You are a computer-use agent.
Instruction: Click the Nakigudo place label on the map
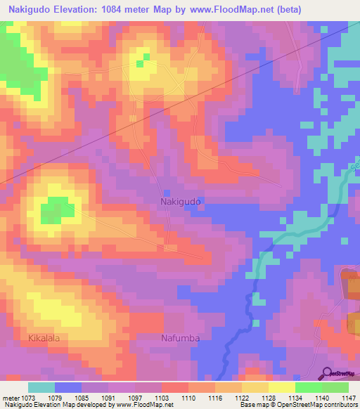(x=181, y=201)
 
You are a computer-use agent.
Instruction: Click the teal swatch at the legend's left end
(x=41, y=387)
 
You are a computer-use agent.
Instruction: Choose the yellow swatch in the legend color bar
(x=281, y=387)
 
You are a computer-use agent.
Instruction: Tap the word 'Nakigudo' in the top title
(x=28, y=9)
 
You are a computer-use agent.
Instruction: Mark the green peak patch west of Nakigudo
(x=57, y=210)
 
